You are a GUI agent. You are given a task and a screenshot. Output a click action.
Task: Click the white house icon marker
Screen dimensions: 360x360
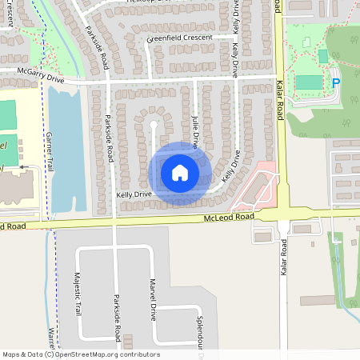tap(180, 172)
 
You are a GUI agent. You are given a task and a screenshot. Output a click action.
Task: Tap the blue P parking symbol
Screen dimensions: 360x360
tap(336, 82)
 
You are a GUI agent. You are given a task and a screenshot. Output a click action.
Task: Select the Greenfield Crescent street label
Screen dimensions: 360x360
tap(179, 38)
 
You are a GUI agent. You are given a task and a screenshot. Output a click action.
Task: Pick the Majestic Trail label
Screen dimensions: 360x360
tap(78, 294)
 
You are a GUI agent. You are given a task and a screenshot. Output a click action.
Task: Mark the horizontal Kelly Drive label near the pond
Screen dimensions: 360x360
tap(133, 194)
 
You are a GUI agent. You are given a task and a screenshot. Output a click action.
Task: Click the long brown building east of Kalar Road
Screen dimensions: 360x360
tap(317, 300)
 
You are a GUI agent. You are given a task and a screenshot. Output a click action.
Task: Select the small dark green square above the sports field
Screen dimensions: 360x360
tap(322, 56)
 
